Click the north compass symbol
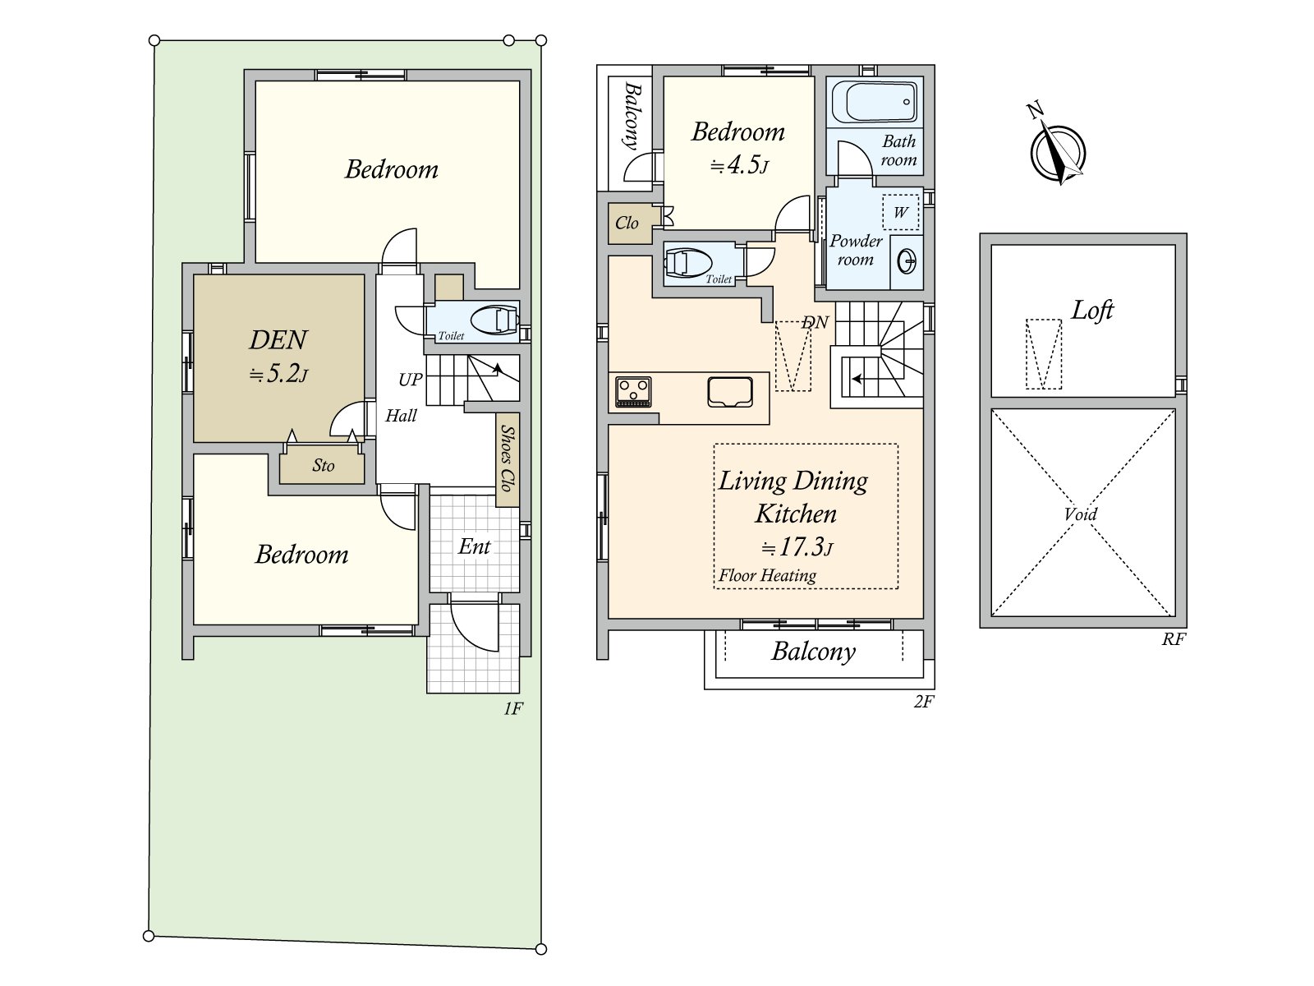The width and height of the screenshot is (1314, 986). (1058, 150)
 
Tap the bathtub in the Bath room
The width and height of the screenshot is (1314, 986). (875, 102)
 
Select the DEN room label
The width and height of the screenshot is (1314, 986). (278, 340)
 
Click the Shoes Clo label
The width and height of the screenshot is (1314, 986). (507, 458)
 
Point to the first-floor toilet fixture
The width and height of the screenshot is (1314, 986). (494, 320)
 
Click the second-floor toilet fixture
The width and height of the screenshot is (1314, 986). (688, 263)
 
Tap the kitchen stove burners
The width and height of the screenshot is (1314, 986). (632, 392)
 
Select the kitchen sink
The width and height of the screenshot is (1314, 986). (730, 392)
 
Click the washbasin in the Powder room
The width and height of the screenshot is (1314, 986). (907, 261)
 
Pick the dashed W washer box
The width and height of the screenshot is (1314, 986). (900, 212)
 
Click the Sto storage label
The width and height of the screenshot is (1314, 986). (323, 465)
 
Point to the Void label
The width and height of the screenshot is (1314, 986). (1080, 514)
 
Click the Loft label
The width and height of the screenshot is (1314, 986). (1092, 310)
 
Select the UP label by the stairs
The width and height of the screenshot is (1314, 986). (410, 379)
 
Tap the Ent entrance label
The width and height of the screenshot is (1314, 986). (474, 546)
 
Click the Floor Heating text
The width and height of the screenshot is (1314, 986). (767, 575)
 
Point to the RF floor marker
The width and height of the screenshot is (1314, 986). (1174, 639)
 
